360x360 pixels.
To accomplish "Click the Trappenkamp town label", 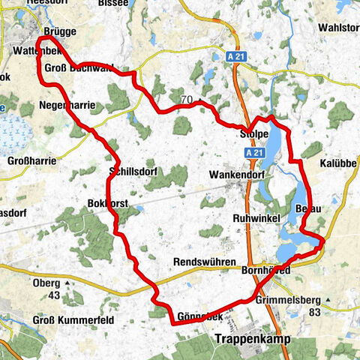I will [x=253, y=339].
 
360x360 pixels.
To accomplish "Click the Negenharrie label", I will [x=67, y=106].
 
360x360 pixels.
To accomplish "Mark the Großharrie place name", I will [x=28, y=160].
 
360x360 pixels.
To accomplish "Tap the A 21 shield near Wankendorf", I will [x=255, y=152].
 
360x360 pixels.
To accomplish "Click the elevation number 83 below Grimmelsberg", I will [x=315, y=310].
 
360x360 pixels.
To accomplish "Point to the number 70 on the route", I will [x=186, y=98].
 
